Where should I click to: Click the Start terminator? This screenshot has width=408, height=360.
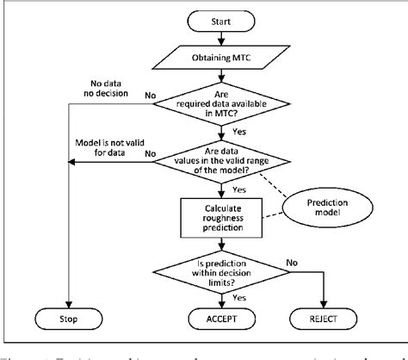click(221, 18)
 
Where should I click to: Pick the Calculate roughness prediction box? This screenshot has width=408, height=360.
click(221, 216)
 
